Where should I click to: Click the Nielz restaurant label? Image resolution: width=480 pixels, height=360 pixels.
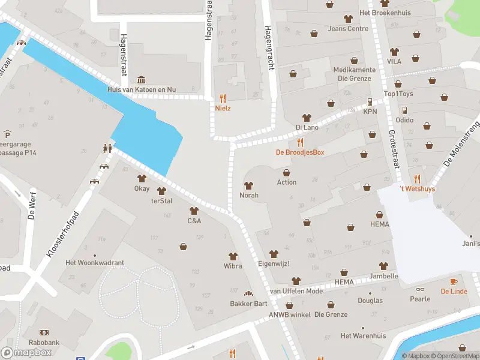pos(223,109)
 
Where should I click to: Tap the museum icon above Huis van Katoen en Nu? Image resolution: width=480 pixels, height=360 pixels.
pos(141,80)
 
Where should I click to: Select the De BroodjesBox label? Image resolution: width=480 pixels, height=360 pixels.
pos(300,152)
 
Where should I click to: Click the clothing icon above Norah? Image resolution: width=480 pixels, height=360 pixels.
pos(249,185)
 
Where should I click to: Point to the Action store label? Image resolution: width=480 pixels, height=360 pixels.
pos(287,182)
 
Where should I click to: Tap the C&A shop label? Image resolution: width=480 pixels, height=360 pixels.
pos(194,221)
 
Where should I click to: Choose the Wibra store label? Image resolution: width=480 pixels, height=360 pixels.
pos(233,266)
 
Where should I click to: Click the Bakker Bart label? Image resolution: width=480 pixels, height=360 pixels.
pos(248,304)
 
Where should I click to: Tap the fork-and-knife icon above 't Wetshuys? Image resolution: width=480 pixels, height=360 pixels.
pos(417,179)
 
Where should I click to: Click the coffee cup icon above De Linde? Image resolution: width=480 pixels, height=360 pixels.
pos(454,281)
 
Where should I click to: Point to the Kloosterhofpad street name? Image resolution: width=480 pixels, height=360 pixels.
pos(62,235)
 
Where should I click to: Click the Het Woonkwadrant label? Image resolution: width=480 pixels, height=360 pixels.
pos(95,263)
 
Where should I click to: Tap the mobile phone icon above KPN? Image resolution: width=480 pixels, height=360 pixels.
pos(370,102)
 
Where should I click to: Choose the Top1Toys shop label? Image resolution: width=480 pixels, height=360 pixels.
pos(398,94)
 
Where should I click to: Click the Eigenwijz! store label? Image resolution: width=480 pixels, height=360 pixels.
pos(274,263)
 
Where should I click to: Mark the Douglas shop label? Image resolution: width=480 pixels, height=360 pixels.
pos(370,301)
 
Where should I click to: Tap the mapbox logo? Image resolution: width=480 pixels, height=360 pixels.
pos(26,353)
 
